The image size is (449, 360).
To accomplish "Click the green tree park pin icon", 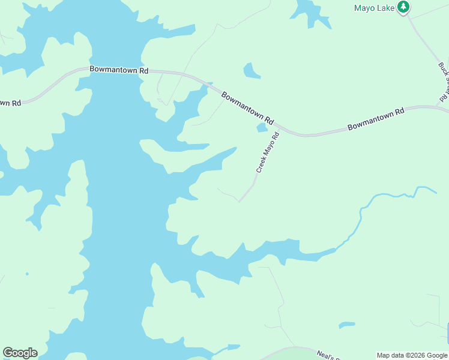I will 404,7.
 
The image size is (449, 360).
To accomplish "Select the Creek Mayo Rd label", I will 268,153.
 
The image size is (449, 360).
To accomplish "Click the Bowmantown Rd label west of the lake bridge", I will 119,70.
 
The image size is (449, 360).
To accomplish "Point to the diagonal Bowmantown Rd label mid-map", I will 247,108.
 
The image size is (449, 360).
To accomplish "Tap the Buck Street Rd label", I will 444,81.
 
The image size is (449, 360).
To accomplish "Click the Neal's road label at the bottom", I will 330,355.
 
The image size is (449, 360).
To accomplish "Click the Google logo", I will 20,353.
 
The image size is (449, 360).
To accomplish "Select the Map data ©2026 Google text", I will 411,355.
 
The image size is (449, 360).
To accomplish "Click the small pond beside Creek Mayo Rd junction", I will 262,128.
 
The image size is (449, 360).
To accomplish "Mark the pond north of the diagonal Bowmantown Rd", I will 252,71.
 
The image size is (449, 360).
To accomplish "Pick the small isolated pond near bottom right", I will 346,325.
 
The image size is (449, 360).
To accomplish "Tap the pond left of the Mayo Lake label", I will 311,12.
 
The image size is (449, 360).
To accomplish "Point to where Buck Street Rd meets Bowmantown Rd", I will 445,107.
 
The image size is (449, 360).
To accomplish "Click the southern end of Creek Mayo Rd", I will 240,202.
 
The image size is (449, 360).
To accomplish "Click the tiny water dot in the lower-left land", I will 27,274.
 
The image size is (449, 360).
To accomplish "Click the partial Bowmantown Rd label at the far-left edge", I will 10,102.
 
